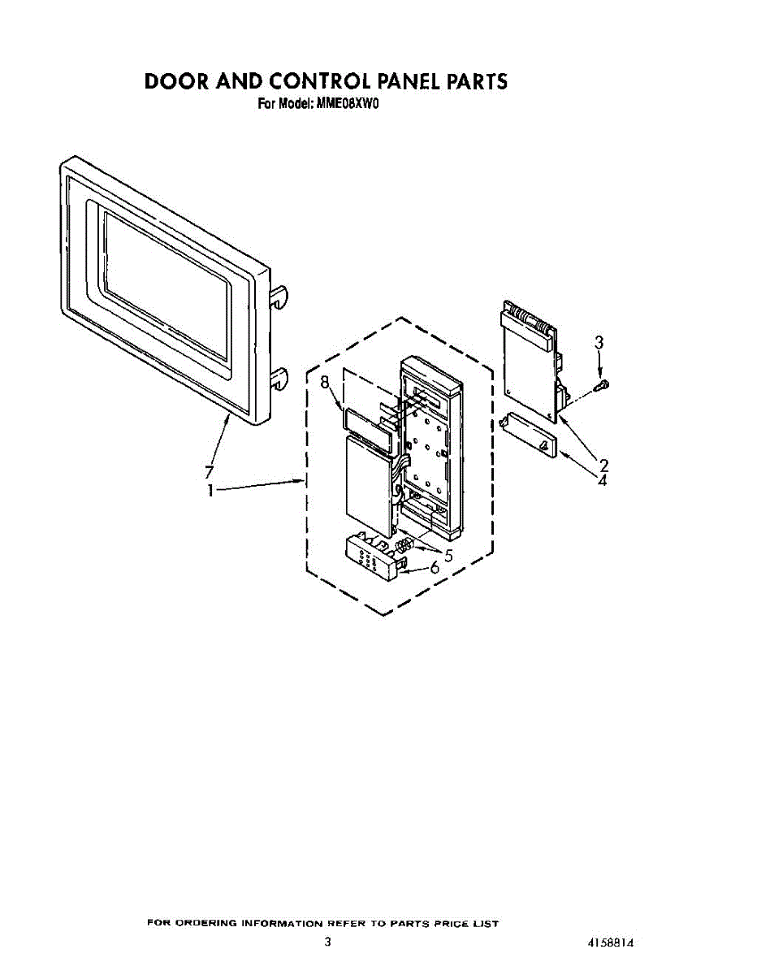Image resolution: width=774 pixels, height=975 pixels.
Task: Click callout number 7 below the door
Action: tap(209, 472)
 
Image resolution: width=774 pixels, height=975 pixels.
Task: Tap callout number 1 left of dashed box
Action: tap(211, 491)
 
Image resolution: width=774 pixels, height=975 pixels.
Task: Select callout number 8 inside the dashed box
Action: tap(325, 383)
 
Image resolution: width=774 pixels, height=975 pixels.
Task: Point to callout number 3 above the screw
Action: tap(599, 343)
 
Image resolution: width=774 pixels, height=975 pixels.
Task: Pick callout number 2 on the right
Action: tap(603, 465)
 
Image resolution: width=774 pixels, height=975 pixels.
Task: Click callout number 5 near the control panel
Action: tap(447, 556)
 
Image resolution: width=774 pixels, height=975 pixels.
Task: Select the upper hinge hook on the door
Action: tap(279, 298)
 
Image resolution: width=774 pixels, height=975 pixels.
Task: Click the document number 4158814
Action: tap(611, 943)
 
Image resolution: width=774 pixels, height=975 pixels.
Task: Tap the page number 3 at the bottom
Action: tap(327, 942)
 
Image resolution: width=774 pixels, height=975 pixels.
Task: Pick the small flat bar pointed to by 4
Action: tap(529, 436)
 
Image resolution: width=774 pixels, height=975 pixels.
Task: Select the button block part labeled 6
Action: tap(374, 559)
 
